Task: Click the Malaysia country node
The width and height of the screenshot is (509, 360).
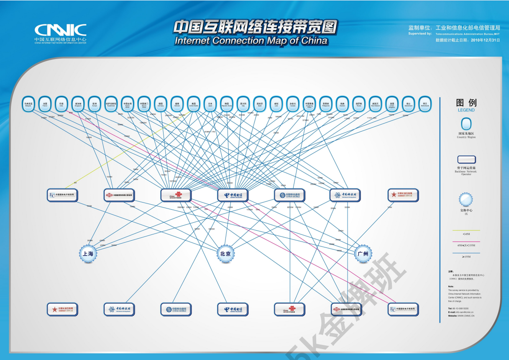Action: [x=28, y=103]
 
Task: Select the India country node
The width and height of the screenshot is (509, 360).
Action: [x=61, y=103]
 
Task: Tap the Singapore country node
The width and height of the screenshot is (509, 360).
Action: [x=78, y=103]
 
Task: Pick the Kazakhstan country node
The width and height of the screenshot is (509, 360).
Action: [x=111, y=103]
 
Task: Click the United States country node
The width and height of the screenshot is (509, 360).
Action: [x=193, y=103]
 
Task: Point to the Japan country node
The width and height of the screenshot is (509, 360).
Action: [x=210, y=103]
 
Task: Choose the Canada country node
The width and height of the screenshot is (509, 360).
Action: [x=292, y=103]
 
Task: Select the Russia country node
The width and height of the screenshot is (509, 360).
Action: [x=358, y=103]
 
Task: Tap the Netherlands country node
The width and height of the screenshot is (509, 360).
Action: [x=425, y=103]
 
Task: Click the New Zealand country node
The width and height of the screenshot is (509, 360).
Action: [x=375, y=103]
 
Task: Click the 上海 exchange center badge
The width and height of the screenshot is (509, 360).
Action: [x=88, y=254]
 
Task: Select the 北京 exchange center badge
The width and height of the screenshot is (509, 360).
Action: [x=225, y=254]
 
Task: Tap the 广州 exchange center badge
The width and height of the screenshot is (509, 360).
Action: [x=363, y=254]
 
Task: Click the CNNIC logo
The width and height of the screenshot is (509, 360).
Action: [x=61, y=30]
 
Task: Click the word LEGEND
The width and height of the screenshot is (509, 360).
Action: [x=466, y=110]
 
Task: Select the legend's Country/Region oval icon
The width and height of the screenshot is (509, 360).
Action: [x=466, y=124]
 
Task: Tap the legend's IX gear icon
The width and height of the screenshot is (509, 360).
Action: [x=466, y=199]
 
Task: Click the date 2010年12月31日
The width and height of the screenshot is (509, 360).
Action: [x=486, y=40]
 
